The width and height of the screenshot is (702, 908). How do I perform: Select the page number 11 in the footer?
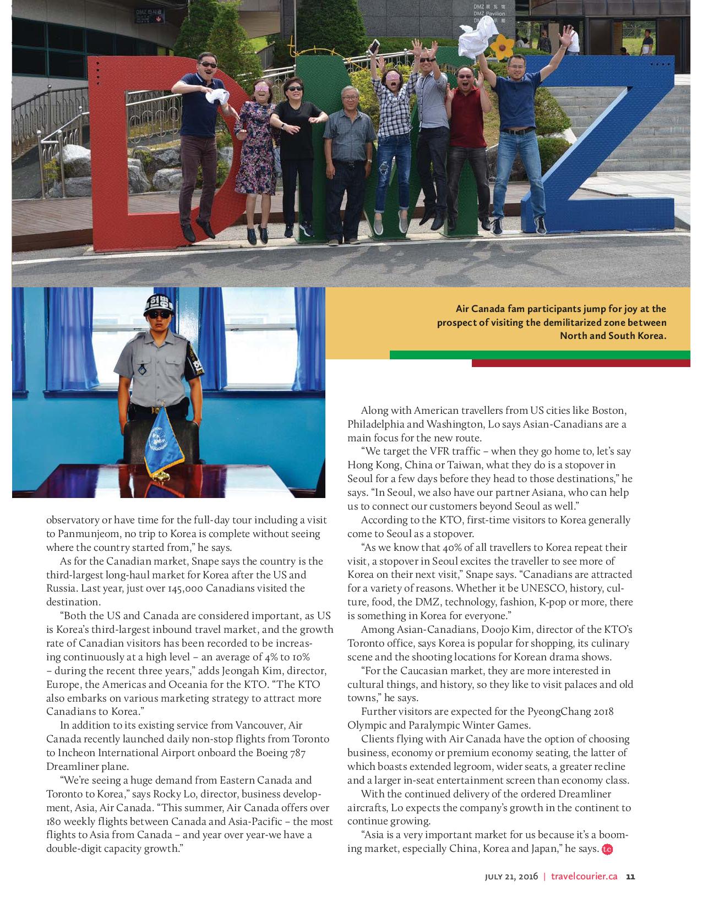click(631, 877)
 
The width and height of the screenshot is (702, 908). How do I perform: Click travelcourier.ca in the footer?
click(584, 877)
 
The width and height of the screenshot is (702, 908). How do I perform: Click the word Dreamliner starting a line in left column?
click(71, 767)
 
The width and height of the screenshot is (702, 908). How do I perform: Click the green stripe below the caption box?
click(540, 355)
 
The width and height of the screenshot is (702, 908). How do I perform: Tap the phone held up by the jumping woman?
click(375, 45)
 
